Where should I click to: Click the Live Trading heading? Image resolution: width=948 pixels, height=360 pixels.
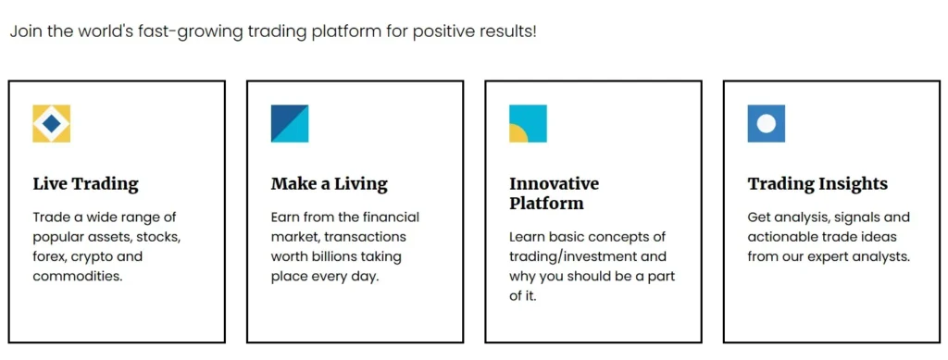[85, 183]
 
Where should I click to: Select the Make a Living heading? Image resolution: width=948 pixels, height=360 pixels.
[329, 183]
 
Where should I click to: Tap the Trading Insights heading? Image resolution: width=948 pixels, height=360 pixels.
[817, 183]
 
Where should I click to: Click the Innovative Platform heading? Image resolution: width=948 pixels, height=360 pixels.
[554, 193]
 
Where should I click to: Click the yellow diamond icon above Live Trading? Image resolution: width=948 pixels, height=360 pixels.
[52, 124]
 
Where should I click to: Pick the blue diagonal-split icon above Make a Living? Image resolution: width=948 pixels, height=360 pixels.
[290, 124]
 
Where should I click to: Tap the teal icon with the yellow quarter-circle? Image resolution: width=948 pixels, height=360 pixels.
[528, 124]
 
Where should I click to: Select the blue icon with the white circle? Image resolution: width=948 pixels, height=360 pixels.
[766, 124]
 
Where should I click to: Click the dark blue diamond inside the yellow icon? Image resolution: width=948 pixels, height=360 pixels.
[52, 124]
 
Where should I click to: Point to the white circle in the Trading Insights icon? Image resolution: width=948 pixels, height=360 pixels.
[766, 124]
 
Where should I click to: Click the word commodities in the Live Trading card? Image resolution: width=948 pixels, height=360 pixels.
[78, 278]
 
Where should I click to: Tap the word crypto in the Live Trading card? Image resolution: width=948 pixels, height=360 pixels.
[92, 257]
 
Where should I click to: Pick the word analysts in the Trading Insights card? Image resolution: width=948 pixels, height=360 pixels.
[883, 256]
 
